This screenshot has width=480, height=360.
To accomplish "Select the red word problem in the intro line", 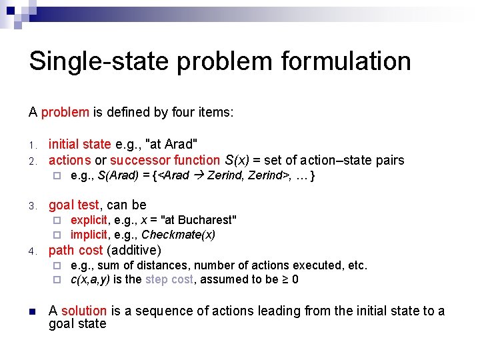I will point(65,112).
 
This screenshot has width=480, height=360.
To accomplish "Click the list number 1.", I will point(31,145).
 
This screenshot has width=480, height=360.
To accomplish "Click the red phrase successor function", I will point(165,160).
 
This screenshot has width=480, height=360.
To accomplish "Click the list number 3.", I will point(31,205).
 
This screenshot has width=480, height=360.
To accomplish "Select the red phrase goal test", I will point(73,205).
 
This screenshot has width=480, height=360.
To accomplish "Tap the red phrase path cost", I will point(75,250).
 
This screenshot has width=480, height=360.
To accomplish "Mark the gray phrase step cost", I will point(169,279).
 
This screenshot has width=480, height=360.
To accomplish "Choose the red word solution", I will point(83,311).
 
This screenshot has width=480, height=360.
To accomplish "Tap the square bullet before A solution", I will point(32,311).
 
